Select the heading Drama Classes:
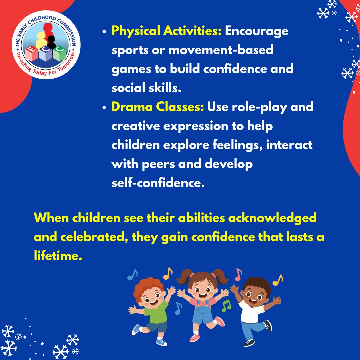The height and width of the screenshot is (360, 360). (157, 107)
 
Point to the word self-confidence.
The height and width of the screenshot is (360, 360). (158, 183)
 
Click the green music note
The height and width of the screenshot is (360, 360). (226, 305)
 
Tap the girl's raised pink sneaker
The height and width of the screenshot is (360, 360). (220, 321)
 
